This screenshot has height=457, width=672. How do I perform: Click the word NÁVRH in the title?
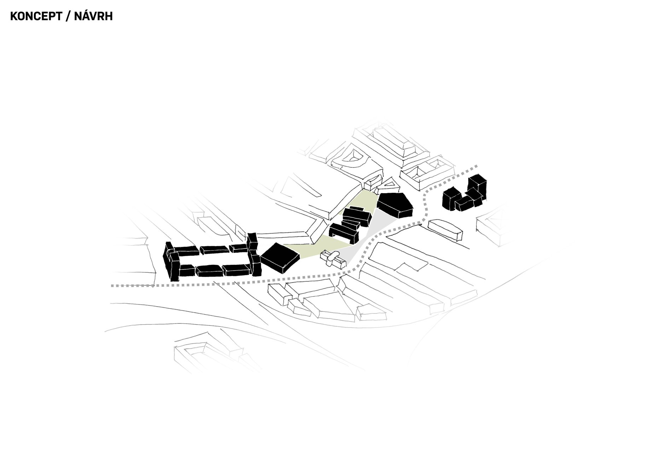(x=93, y=16)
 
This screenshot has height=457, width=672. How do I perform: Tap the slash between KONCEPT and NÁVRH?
(x=68, y=16)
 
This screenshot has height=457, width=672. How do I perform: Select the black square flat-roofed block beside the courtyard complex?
(x=280, y=257)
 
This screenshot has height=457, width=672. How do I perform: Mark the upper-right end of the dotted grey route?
(x=476, y=166)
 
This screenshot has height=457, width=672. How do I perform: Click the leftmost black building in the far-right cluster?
(x=451, y=199)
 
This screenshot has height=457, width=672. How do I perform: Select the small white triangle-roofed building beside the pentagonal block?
(x=390, y=184)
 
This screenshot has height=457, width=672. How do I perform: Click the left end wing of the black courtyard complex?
(x=171, y=261)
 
